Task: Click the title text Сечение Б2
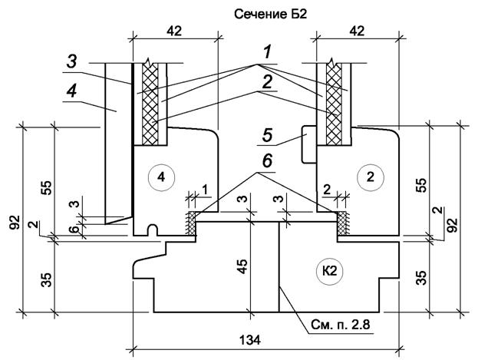[x=270, y=15]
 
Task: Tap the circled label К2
[x=330, y=271]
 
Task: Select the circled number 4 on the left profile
[x=161, y=177]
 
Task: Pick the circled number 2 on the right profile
[x=370, y=177]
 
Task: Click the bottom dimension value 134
[x=249, y=339]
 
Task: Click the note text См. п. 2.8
[x=340, y=325]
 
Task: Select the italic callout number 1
[x=267, y=52]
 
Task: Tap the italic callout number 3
[x=73, y=62]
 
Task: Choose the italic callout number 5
[x=267, y=135]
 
